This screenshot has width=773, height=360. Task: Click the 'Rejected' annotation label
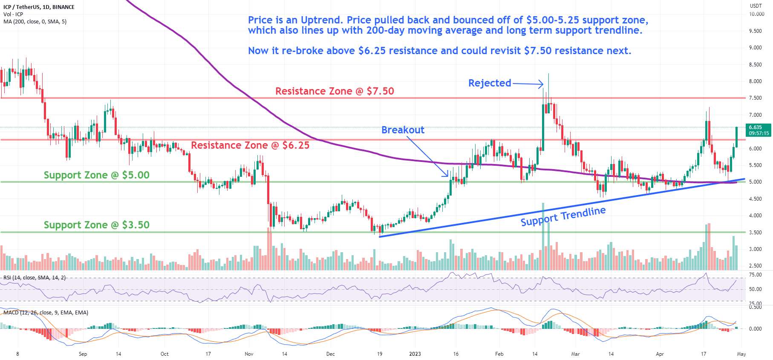pyautogui.click(x=490, y=83)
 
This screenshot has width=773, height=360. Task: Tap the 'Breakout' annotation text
pyautogui.click(x=403, y=130)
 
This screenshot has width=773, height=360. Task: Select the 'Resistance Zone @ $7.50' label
pyautogui.click(x=335, y=91)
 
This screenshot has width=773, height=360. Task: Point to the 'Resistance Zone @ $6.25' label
pyautogui.click(x=250, y=145)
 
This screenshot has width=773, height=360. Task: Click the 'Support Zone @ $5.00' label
pyautogui.click(x=97, y=175)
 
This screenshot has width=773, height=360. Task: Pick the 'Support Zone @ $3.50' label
pyautogui.click(x=97, y=225)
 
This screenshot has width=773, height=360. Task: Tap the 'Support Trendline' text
pyautogui.click(x=563, y=216)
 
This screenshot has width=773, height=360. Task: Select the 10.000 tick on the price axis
pyautogui.click(x=756, y=14)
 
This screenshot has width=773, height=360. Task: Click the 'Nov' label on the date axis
pyautogui.click(x=249, y=354)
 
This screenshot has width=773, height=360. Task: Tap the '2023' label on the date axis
pyautogui.click(x=415, y=354)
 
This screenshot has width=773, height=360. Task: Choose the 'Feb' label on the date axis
pyautogui.click(x=499, y=354)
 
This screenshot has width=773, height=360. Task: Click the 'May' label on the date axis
pyautogui.click(x=741, y=354)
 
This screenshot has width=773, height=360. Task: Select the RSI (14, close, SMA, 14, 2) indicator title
pyautogui.click(x=35, y=278)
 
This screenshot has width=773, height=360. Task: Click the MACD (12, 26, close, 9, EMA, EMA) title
pyautogui.click(x=46, y=313)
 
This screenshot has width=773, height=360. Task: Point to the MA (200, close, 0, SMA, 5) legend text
pyautogui.click(x=35, y=21)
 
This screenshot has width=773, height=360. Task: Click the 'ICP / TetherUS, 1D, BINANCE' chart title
pyautogui.click(x=39, y=7)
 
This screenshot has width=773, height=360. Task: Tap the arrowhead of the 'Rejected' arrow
pyautogui.click(x=542, y=84)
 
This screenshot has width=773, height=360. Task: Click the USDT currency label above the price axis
pyautogui.click(x=756, y=6)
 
